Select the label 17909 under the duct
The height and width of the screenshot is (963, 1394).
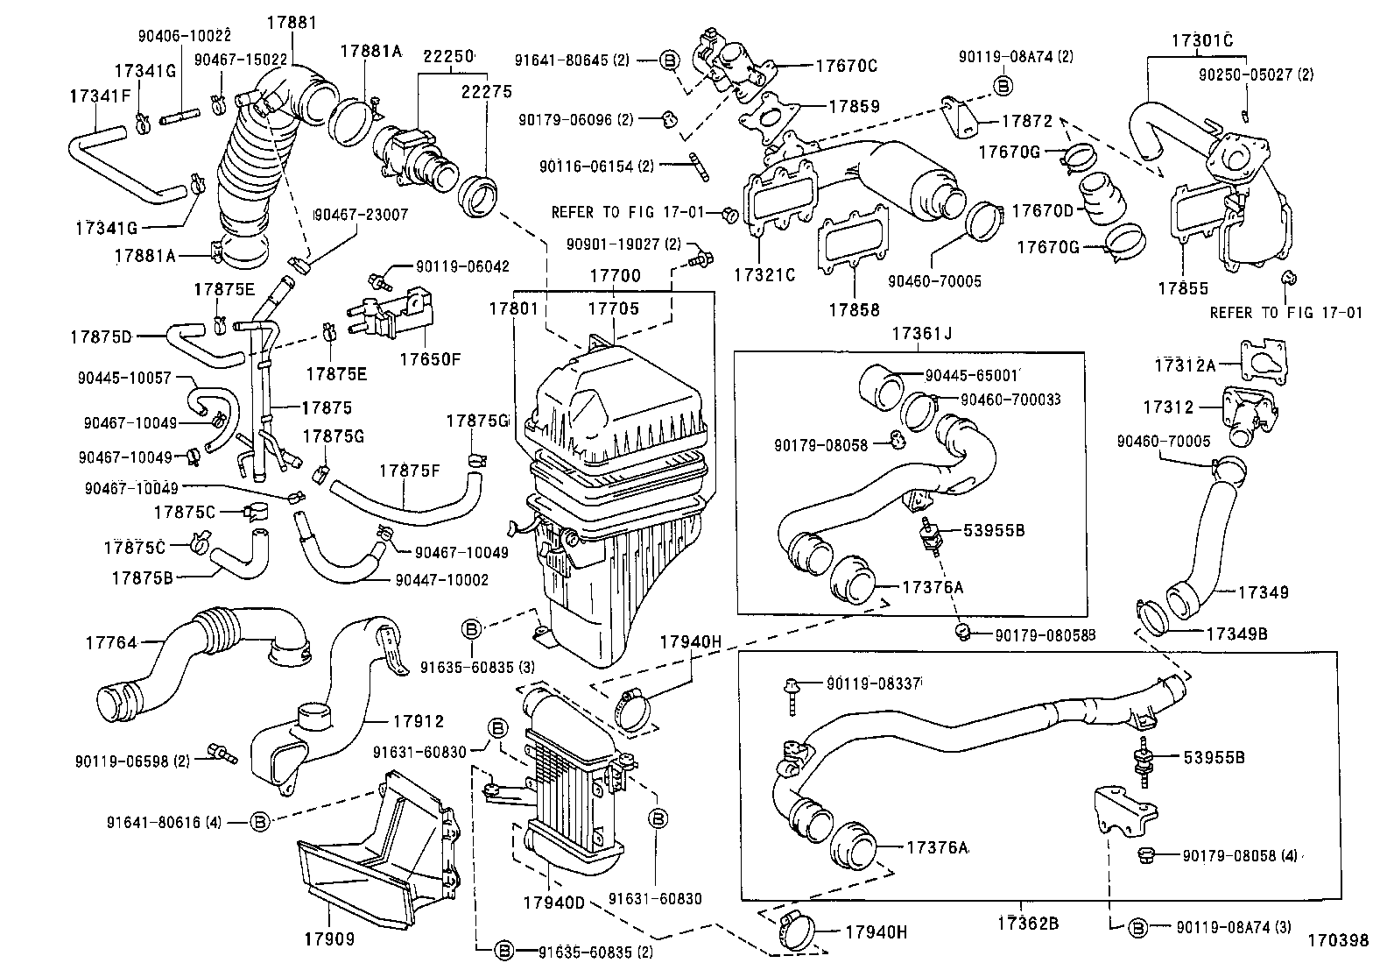[x=329, y=939]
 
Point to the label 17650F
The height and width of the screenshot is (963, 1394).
[x=430, y=358]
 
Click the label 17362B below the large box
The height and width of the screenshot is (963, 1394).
[x=1027, y=923]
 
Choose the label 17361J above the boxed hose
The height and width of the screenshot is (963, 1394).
[x=921, y=333]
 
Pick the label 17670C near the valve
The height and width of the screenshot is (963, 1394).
[x=846, y=65]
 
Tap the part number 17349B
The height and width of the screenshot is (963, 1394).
[x=1236, y=633]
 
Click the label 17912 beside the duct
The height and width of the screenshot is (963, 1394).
[x=418, y=721]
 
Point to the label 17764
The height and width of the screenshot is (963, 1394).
[x=111, y=642]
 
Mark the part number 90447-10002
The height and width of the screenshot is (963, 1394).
[x=441, y=580]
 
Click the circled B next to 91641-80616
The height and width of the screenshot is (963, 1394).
[x=259, y=822]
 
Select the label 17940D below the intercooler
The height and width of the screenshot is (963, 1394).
[x=553, y=902]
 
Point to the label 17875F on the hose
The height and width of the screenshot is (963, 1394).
[x=409, y=471]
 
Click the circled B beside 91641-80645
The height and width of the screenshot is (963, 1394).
[x=668, y=60]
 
